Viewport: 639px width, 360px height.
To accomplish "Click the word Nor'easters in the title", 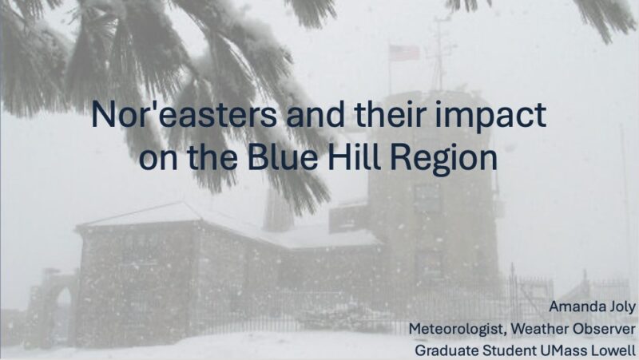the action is click(x=184, y=114).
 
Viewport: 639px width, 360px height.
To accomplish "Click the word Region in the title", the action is click(x=444, y=160).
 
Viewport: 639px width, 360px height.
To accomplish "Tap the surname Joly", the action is click(x=621, y=307).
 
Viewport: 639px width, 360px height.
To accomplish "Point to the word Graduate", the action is click(x=447, y=350).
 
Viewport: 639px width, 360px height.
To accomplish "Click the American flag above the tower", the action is click(x=404, y=53).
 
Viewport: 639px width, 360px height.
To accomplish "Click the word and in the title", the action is click(x=316, y=114).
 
